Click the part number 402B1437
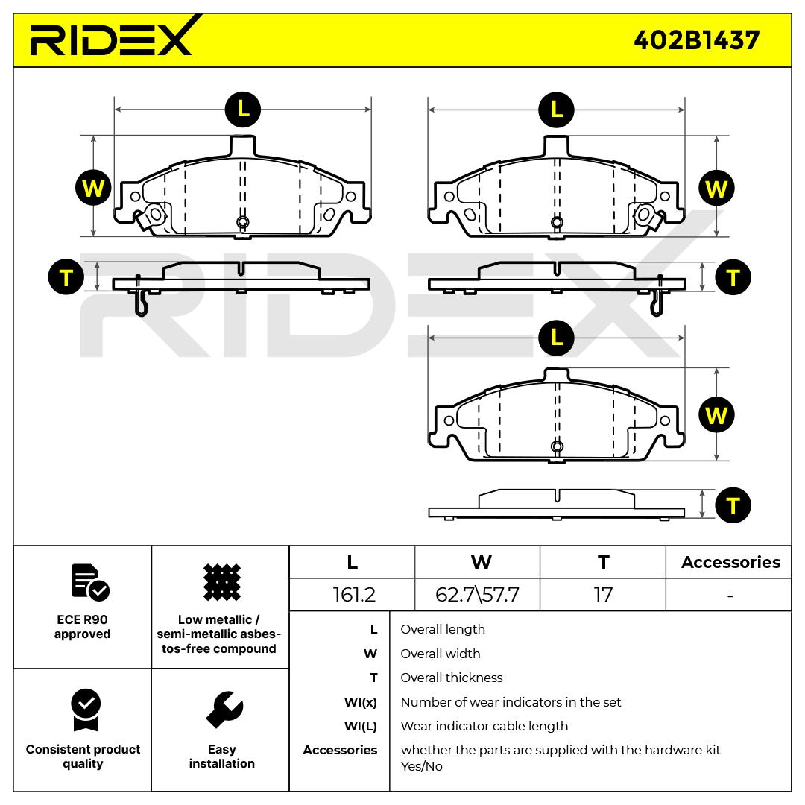tap(696, 40)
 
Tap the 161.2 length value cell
tap(354, 595)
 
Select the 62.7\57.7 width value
tap(477, 595)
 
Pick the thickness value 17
tap(603, 595)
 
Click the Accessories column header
tap(730, 562)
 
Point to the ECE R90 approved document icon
tap(90, 582)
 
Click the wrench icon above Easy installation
tap(224, 710)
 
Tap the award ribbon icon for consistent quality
tap(86, 710)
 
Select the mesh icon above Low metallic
tap(222, 582)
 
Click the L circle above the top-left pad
tap(243, 110)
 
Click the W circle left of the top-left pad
tap(93, 188)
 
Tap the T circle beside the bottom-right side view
tap(733, 505)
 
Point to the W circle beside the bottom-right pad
tap(717, 415)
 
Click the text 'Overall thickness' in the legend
tap(451, 678)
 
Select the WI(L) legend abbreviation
tap(361, 727)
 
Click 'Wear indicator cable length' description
tap(484, 726)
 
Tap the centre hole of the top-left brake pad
tap(243, 222)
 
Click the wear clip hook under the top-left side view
tap(141, 303)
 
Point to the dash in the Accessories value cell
tap(730, 596)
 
